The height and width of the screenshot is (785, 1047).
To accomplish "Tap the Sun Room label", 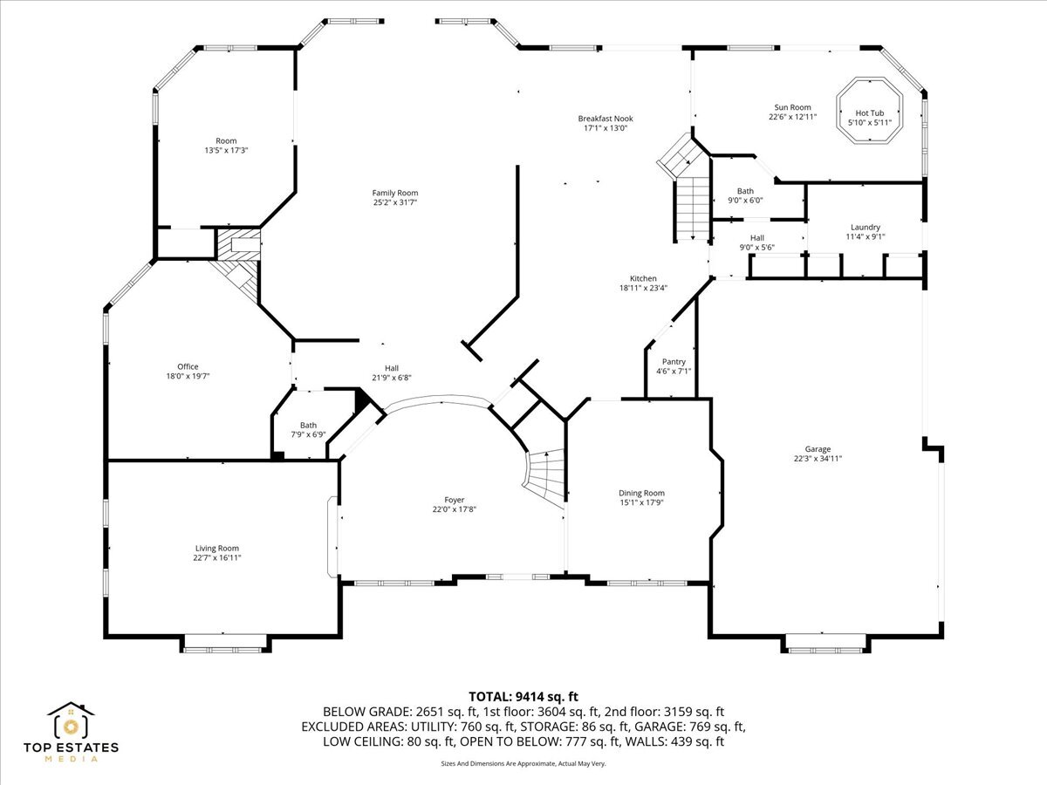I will [792, 107].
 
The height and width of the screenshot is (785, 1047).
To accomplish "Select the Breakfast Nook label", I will [605, 119].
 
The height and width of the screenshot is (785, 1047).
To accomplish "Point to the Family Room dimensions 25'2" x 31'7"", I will [395, 203].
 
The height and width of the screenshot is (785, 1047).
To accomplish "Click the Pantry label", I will [674, 361].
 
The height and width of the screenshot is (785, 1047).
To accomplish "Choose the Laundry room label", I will [865, 227].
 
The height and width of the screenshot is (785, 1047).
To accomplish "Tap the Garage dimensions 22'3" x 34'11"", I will [818, 459].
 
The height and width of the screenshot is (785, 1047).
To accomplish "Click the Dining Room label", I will [641, 493].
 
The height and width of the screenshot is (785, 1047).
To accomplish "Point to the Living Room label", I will [216, 548].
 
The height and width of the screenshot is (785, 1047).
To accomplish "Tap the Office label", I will [188, 366].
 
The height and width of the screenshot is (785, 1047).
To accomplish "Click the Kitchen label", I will [643, 278].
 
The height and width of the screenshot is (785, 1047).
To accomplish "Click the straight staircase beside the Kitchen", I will [691, 208].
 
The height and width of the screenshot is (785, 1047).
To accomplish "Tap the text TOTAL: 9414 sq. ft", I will [523, 696].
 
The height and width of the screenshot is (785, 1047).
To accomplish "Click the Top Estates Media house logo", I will [71, 722].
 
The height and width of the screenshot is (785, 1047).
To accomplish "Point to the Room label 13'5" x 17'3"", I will [226, 140].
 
